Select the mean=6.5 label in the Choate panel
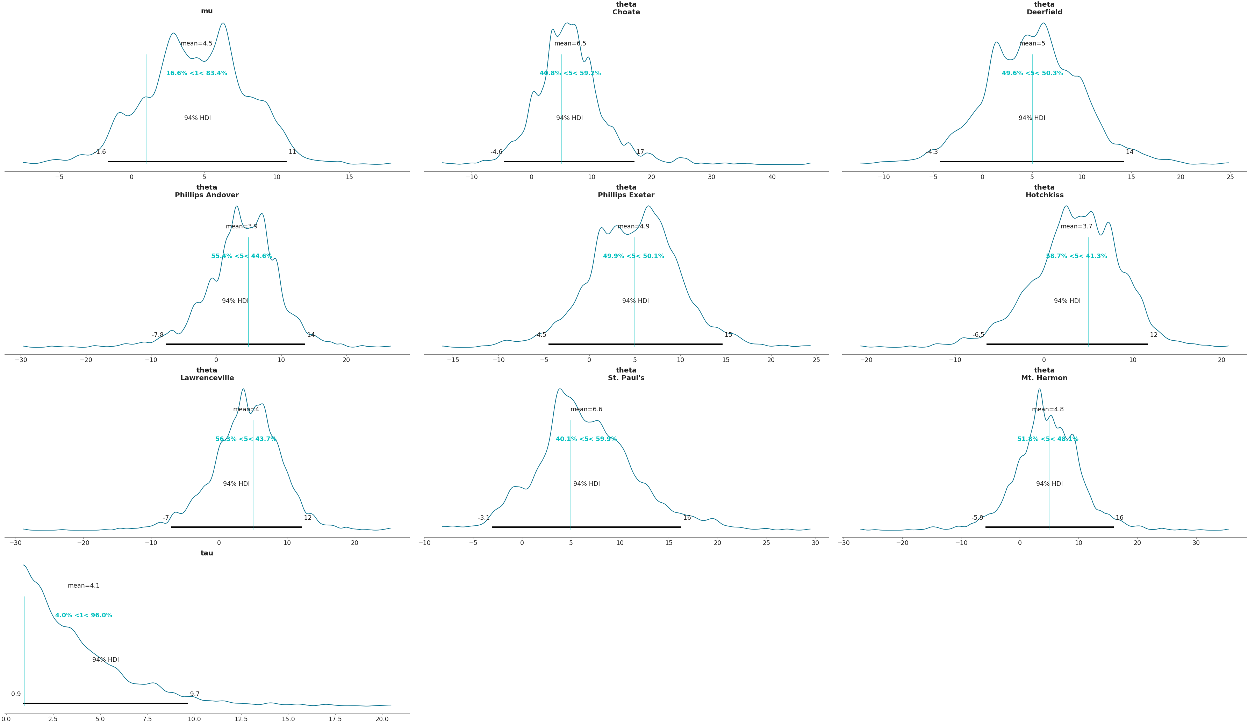point(570,44)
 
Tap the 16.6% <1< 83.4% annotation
point(196,73)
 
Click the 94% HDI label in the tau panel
point(106,660)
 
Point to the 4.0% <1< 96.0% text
point(84,615)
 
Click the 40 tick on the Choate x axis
point(772,177)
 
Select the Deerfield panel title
point(1044,8)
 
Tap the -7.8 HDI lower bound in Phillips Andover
point(157,335)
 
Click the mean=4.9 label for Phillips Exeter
point(633,226)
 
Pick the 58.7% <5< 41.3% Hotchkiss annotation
point(1076,256)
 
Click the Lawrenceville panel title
point(207,374)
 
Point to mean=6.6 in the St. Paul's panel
point(586,409)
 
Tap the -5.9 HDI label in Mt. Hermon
point(977,518)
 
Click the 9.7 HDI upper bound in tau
point(195,694)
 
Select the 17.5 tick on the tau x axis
point(335,719)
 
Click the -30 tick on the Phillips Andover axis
point(21,360)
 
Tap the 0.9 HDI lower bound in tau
point(16,694)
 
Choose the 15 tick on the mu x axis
point(349,177)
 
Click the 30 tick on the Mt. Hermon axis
point(1196,542)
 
